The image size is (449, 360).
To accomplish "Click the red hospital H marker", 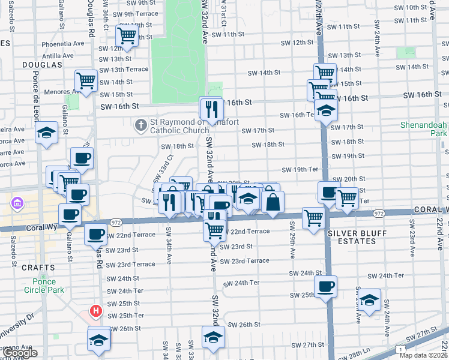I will click(95, 311).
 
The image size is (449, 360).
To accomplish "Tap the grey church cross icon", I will click(140, 125).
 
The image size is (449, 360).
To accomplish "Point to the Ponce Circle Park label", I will click(40, 286).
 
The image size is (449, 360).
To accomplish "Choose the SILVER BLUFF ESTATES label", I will click(351, 237).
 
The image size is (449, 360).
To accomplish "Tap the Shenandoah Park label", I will click(424, 130).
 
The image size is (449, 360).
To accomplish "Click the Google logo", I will click(19, 353).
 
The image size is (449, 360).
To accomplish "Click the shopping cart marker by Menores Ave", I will click(86, 80).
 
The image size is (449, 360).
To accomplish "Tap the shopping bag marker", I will click(273, 201).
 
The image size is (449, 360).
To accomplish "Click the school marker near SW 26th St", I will click(213, 337).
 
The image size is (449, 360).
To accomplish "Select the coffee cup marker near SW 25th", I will click(325, 286).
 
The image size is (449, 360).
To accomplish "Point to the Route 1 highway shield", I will click(400, 349).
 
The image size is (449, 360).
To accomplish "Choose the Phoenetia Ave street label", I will click(62, 44).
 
